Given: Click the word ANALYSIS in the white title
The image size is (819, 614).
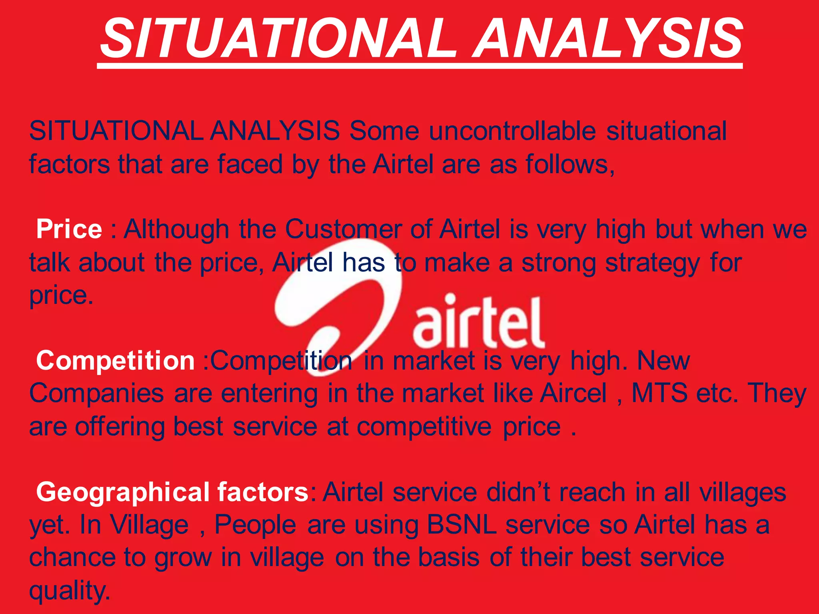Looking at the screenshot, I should click(608, 39).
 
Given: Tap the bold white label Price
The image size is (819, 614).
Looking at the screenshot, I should click(69, 229).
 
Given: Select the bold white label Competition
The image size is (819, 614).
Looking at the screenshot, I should click(115, 361).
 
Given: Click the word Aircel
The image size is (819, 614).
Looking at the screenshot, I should click(573, 393).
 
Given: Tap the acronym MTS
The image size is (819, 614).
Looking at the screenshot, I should click(659, 393).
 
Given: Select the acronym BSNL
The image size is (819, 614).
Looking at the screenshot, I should click(461, 524).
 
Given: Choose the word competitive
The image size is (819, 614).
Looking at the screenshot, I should click(424, 427).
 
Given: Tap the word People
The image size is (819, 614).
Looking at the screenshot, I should click(255, 524).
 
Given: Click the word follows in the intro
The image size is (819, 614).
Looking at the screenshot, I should click(569, 164).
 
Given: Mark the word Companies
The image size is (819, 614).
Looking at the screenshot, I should click(96, 393).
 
